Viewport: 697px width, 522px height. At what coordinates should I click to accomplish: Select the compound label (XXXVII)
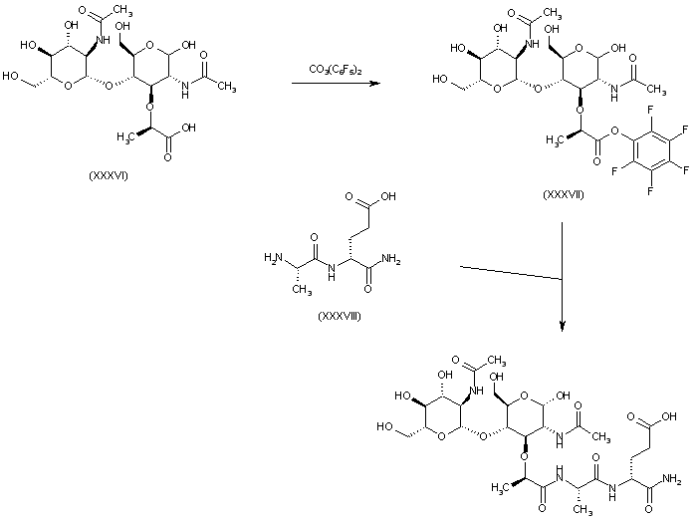pyautogui.click(x=564, y=193)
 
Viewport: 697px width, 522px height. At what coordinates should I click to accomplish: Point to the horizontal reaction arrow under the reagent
pyautogui.click(x=336, y=84)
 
